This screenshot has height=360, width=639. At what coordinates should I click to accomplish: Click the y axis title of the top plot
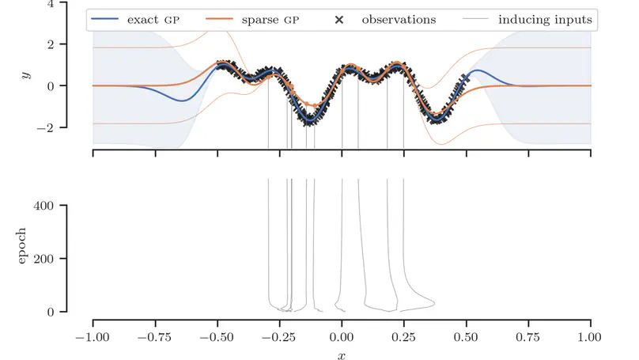point(26,75)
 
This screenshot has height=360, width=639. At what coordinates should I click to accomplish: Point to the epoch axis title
point(22,245)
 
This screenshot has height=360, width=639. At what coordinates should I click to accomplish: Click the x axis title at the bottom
point(342,355)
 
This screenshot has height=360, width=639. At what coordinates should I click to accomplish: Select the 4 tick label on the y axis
point(51,4)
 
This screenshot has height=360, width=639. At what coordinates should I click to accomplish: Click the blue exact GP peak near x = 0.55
point(477,70)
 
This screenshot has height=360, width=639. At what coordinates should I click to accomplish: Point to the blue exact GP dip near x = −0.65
point(182,100)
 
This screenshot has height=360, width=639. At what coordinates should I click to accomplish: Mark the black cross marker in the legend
point(339,19)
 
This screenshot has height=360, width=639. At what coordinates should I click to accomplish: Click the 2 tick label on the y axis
point(51,45)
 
